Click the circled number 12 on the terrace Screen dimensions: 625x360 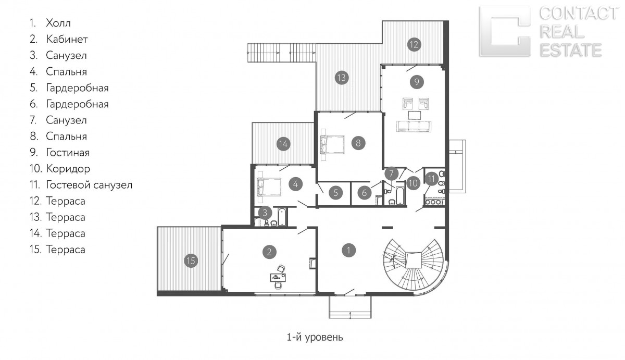tap(414, 45)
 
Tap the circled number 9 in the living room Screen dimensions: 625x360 tap(417, 82)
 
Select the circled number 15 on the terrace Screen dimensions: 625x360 tap(191, 261)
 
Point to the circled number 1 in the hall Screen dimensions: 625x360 tap(348, 250)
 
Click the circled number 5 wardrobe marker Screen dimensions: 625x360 tap(335, 193)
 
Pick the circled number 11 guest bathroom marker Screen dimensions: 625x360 tap(431, 179)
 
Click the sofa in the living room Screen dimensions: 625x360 tap(414, 126)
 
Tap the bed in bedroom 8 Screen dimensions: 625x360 tap(332, 144)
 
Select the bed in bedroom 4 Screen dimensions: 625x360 tap(269, 187)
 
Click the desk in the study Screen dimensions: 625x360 tap(278, 277)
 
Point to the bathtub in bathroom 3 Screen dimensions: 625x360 tap(282, 217)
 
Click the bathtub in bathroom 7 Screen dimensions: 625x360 tap(400, 193)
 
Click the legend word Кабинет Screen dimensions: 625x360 tap(67, 39)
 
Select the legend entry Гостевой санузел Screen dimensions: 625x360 tap(89, 185)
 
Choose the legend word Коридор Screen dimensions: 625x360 tap(68, 169)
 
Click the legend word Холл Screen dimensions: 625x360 tap(58, 23)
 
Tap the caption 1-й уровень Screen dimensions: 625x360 tap(315, 338)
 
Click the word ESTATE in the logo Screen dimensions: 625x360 tap(571, 50)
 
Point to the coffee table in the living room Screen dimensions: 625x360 tap(414, 115)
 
